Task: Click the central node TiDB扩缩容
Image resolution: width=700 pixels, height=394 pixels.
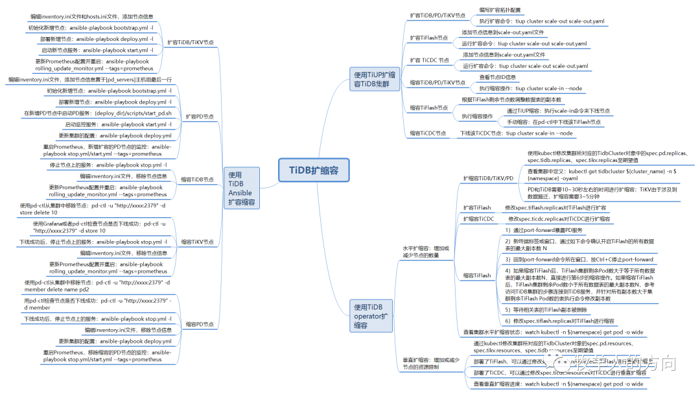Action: pyautogui.click(x=314, y=170)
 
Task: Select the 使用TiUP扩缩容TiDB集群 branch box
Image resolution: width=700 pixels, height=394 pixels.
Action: pyautogui.click(x=374, y=79)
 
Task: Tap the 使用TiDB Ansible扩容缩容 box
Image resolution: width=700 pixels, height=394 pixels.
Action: pyautogui.click(x=241, y=189)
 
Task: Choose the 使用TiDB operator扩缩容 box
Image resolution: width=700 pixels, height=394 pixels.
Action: pyautogui.click(x=371, y=316)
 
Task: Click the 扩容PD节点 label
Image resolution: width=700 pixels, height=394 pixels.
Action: pyautogui.click(x=200, y=117)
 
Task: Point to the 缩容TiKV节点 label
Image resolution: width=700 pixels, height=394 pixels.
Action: pyautogui.click(x=197, y=242)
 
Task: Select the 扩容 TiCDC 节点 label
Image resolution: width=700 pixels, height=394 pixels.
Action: pyautogui.click(x=430, y=60)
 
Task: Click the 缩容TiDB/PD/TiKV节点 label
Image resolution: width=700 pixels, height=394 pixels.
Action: pyautogui.click(x=437, y=82)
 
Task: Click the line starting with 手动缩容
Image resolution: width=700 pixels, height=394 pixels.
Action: pyautogui.click(x=554, y=122)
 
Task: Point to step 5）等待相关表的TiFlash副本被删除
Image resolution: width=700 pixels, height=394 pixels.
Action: pyautogui.click(x=551, y=310)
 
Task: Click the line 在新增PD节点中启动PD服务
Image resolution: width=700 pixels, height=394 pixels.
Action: pyautogui.click(x=98, y=113)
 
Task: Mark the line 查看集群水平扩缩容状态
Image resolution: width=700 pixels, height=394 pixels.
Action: pyautogui.click(x=553, y=332)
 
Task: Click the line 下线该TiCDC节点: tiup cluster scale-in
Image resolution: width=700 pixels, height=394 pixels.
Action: pyautogui.click(x=517, y=133)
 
